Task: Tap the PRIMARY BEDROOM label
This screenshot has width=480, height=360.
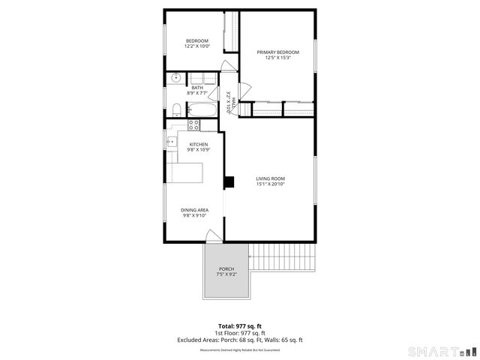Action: [277, 52]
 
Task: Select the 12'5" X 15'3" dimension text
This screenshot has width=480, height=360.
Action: [277, 58]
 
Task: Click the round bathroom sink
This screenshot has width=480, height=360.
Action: [175, 77]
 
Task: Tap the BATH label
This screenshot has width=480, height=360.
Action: [196, 88]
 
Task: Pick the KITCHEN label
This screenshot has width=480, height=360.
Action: [198, 144]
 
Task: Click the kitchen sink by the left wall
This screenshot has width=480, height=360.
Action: [172, 140]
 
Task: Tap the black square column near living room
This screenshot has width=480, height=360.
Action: [229, 181]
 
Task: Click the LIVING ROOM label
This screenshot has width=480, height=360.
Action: [271, 178]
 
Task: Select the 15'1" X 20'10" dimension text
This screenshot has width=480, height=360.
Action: [271, 184]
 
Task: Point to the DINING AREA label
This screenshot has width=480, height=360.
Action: [194, 210]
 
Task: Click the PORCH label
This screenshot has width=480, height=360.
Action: [226, 269]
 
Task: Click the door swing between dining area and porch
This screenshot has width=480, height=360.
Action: [214, 236]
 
